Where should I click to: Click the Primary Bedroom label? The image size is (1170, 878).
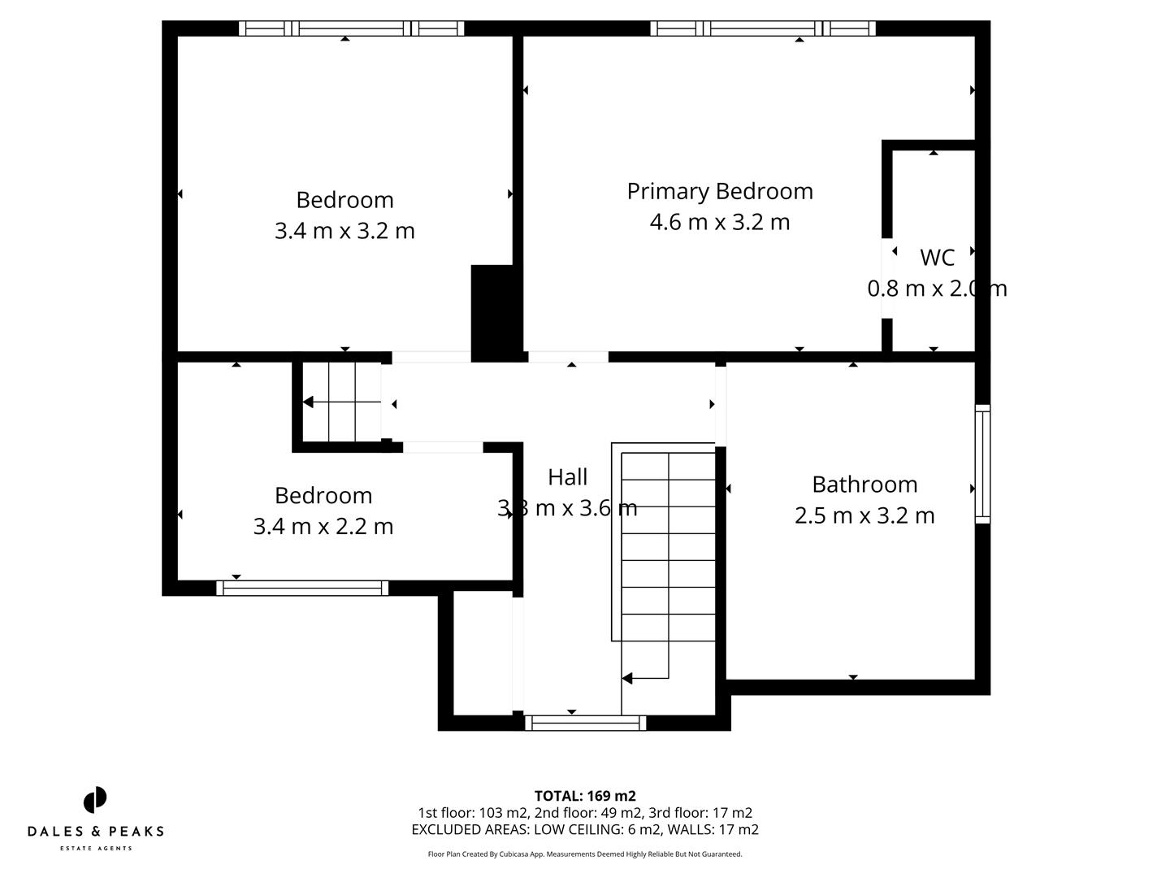tap(719, 191)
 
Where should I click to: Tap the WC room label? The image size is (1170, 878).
tap(936, 258)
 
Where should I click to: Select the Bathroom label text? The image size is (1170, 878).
tap(864, 485)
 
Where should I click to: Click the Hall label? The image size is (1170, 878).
tap(567, 477)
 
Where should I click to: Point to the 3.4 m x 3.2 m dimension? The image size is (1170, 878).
tap(344, 231)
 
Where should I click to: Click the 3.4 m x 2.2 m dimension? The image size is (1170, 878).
tap(323, 527)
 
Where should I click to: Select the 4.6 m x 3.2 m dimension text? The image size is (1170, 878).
tap(719, 222)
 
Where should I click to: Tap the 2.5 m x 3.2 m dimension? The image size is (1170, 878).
tap(864, 515)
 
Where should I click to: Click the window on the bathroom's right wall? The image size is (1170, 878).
tap(982, 463)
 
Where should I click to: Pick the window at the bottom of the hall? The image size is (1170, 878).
tap(585, 723)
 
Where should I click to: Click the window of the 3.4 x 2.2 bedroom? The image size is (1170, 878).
tap(302, 588)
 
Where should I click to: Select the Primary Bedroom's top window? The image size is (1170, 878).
tap(762, 28)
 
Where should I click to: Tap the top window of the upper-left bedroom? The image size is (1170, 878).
tap(351, 28)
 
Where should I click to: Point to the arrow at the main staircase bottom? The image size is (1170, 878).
tap(628, 678)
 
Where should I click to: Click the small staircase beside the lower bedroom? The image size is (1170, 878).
tap(341, 402)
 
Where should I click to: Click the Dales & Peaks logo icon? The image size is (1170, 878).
tap(95, 800)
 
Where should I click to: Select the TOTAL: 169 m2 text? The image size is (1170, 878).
tap(584, 796)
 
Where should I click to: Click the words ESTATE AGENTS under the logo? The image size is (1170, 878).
tap(95, 849)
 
